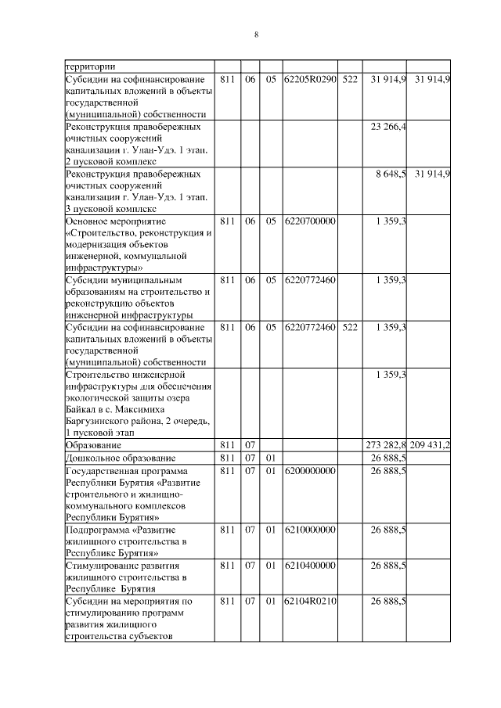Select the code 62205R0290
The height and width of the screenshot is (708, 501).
[311, 80]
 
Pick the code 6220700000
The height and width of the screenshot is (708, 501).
[311, 221]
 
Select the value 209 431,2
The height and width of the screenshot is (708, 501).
[430, 444]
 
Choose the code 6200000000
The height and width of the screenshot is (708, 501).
[311, 470]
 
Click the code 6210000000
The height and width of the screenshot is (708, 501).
[311, 530]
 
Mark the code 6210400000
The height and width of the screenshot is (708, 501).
[311, 565]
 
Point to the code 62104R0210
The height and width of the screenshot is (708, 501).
[311, 601]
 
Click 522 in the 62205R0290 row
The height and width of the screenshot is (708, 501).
[349, 80]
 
